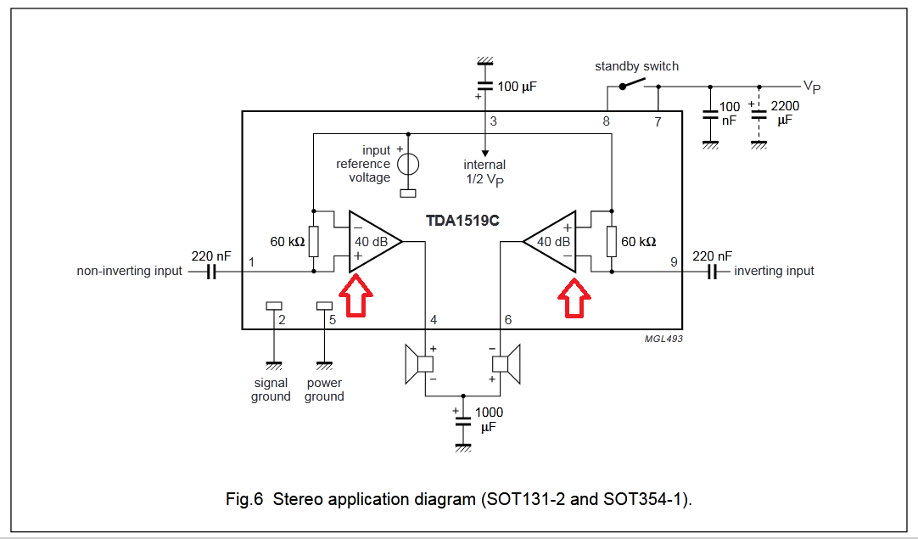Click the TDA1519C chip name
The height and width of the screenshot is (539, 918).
pyautogui.click(x=462, y=221)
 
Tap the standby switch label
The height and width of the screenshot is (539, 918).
pyautogui.click(x=636, y=66)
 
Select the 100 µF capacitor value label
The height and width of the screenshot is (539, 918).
pyautogui.click(x=518, y=87)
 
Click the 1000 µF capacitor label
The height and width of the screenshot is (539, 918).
pyautogui.click(x=490, y=419)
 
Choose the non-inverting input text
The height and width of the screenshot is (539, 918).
pyautogui.click(x=129, y=272)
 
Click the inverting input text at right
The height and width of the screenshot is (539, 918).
pyautogui.click(x=774, y=272)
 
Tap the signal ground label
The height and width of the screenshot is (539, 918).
pyautogui.click(x=271, y=390)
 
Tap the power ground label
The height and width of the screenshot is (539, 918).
pyautogui.click(x=324, y=390)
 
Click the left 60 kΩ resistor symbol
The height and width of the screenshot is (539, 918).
pyautogui.click(x=314, y=241)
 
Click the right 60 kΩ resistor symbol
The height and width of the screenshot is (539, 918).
pyautogui.click(x=610, y=241)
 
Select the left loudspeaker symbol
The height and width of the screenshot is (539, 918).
pyautogui.click(x=419, y=364)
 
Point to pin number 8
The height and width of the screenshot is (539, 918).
pyautogui.click(x=606, y=121)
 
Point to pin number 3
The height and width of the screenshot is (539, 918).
pyautogui.click(x=493, y=121)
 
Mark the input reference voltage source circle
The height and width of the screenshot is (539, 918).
pyautogui.click(x=409, y=164)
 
